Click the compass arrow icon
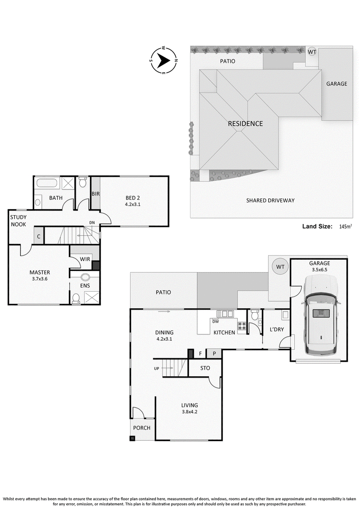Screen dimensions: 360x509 (x=164, y=60)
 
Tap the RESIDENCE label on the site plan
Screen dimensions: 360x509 (x=245, y=124)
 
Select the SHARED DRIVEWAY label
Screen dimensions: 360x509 (x=270, y=201)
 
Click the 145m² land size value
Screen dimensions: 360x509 (x=346, y=226)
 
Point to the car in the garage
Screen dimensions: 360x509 (x=320, y=315)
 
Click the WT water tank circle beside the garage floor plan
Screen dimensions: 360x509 (x=280, y=266)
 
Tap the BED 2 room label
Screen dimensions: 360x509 (x=133, y=198)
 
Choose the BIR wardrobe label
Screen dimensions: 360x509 (x=95, y=194)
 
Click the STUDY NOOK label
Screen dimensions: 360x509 (x=18, y=221)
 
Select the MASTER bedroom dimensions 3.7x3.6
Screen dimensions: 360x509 (x=40, y=279)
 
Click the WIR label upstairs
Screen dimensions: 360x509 (x=85, y=259)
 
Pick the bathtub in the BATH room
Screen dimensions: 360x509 (x=47, y=183)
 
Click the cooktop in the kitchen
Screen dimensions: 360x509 (x=242, y=325)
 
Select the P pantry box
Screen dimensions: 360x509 (x=214, y=353)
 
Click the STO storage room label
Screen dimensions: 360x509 (x=205, y=368)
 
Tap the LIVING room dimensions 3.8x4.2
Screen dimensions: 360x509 (x=189, y=412)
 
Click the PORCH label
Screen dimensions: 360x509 (x=142, y=428)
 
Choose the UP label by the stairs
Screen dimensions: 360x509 (x=157, y=369)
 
